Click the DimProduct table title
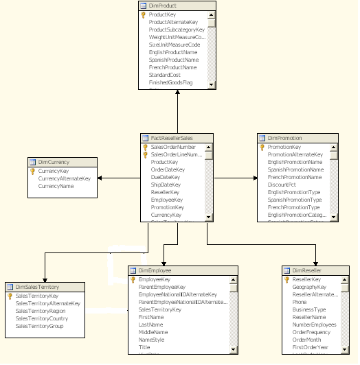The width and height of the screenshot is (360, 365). (162, 5)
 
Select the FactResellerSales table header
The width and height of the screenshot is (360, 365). (171, 138)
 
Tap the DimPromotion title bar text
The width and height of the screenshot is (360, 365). (284, 138)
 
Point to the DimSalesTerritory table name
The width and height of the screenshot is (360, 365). (37, 286)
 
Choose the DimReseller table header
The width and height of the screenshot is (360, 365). (306, 271)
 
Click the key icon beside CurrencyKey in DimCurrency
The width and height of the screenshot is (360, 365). (32, 171)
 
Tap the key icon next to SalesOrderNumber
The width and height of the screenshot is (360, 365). (145, 147)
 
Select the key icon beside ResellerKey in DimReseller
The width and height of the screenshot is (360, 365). (286, 280)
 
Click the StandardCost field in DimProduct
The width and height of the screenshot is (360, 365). (164, 75)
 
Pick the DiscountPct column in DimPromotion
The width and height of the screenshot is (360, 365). (282, 185)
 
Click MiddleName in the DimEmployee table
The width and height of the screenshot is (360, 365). (153, 332)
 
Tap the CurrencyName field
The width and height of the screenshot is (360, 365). (56, 186)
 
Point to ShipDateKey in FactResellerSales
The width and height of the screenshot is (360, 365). (165, 185)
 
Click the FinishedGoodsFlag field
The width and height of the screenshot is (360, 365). (170, 82)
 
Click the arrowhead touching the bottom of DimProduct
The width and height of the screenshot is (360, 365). (177, 92)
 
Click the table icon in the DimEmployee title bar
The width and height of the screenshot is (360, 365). (133, 271)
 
